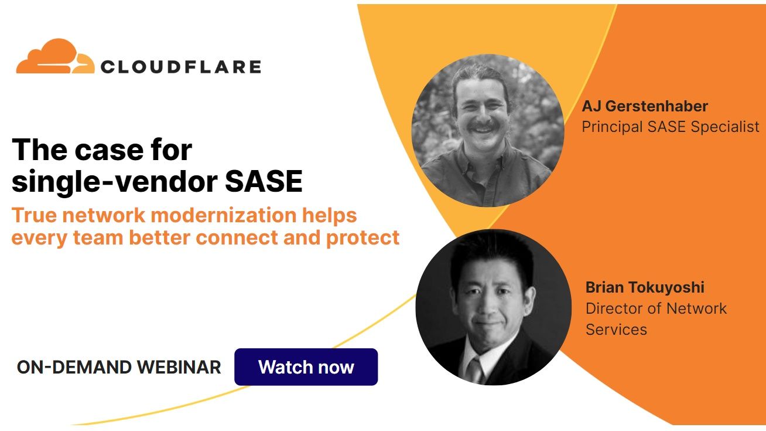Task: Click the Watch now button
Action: [306, 367]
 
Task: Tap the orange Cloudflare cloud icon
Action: [55, 57]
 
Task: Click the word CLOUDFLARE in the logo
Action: [180, 66]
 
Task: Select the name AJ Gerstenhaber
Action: [645, 106]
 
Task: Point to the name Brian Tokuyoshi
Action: [645, 287]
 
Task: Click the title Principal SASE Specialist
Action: [670, 127]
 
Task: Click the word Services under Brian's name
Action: [616, 330]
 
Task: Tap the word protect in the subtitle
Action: [363, 237]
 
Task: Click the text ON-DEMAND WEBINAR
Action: [119, 367]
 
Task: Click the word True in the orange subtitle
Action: [33, 215]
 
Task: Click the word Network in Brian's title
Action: [697, 308]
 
